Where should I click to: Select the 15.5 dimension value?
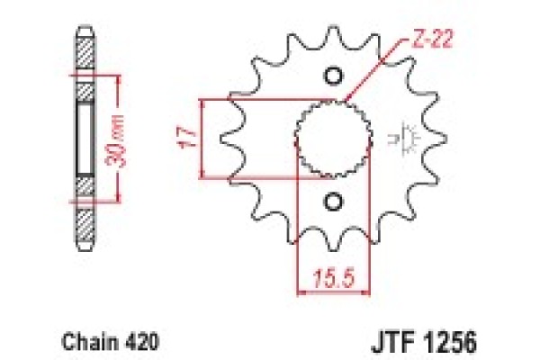click(329, 277)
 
